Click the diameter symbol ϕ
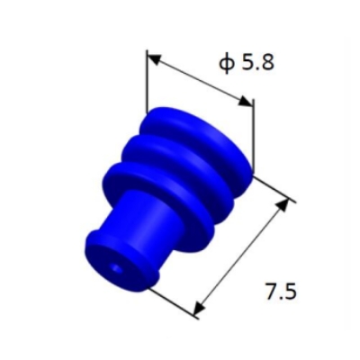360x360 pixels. [227, 64]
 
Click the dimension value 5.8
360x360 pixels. [258, 63]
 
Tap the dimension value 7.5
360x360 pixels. [281, 292]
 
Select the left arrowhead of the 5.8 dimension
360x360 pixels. [155, 59]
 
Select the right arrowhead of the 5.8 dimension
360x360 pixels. [247, 101]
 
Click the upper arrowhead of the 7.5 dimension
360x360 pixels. [283, 205]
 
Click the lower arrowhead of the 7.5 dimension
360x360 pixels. [200, 308]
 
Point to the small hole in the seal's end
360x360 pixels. [115, 269]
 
